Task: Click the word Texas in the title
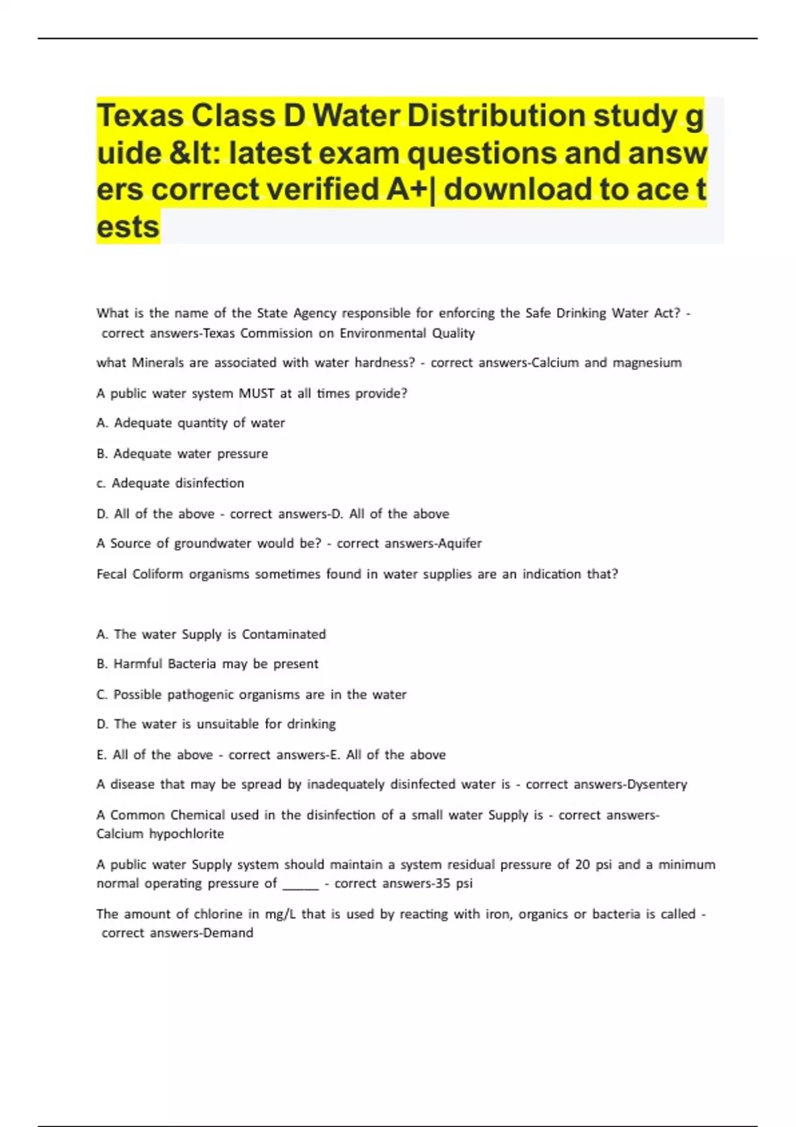(x=140, y=117)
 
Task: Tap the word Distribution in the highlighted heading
(x=496, y=117)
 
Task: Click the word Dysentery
(x=657, y=784)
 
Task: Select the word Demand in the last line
(x=228, y=933)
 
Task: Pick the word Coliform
(x=157, y=574)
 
